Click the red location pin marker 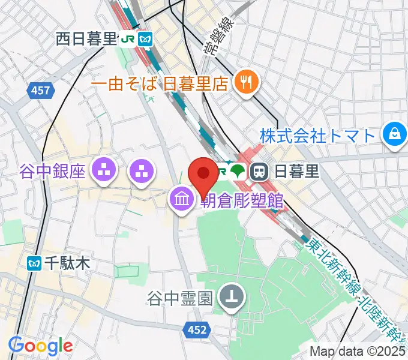[x=203, y=173]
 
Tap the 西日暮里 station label [x=86, y=40]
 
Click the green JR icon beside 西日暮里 [x=127, y=40]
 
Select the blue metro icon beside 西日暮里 [x=145, y=40]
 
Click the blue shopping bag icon [x=394, y=134]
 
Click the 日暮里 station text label [x=296, y=172]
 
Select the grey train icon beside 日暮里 [x=260, y=172]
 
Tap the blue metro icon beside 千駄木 [x=34, y=263]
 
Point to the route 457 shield [x=41, y=91]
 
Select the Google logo [x=40, y=346]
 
